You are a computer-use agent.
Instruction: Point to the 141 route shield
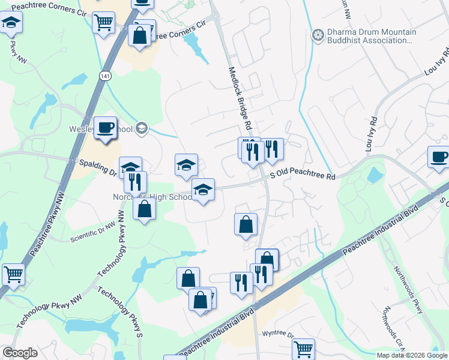tap(105, 76)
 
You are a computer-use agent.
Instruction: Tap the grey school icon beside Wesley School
tap(142, 127)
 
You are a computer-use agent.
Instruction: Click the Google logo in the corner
tap(20, 353)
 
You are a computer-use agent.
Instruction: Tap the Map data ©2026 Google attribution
tap(412, 355)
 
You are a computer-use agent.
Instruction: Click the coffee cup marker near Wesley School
tap(106, 127)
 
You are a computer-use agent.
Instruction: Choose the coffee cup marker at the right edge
tap(439, 157)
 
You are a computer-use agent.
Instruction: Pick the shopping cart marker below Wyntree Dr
tap(304, 348)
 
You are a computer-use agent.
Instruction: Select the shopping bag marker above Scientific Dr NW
tap(144, 209)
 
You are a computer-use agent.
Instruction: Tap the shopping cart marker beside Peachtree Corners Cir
tap(104, 23)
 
